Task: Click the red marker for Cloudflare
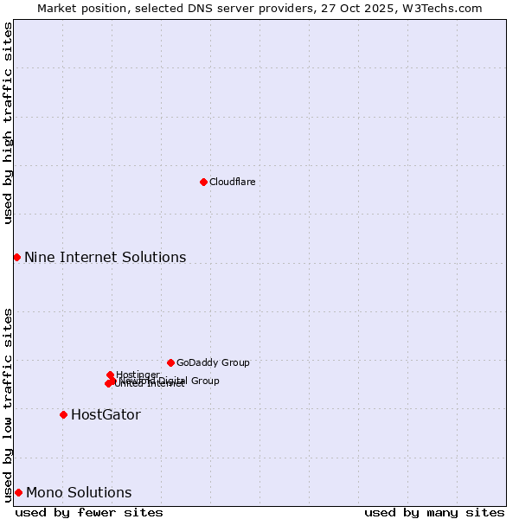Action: tap(203, 182)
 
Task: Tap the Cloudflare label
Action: tap(232, 182)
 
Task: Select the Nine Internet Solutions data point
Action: tap(16, 257)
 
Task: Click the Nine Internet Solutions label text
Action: tap(105, 257)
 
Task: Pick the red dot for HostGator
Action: tap(63, 414)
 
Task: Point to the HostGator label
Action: tap(106, 414)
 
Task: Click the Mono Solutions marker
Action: tap(18, 492)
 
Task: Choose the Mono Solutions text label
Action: tap(79, 492)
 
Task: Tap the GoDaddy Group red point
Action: tap(170, 362)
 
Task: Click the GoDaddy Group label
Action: tap(213, 362)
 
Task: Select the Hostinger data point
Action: tap(110, 375)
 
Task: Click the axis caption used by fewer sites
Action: tap(89, 512)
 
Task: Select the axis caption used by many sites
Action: tap(434, 512)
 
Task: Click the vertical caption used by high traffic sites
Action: tap(8, 123)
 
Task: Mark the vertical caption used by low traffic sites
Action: tap(8, 404)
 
